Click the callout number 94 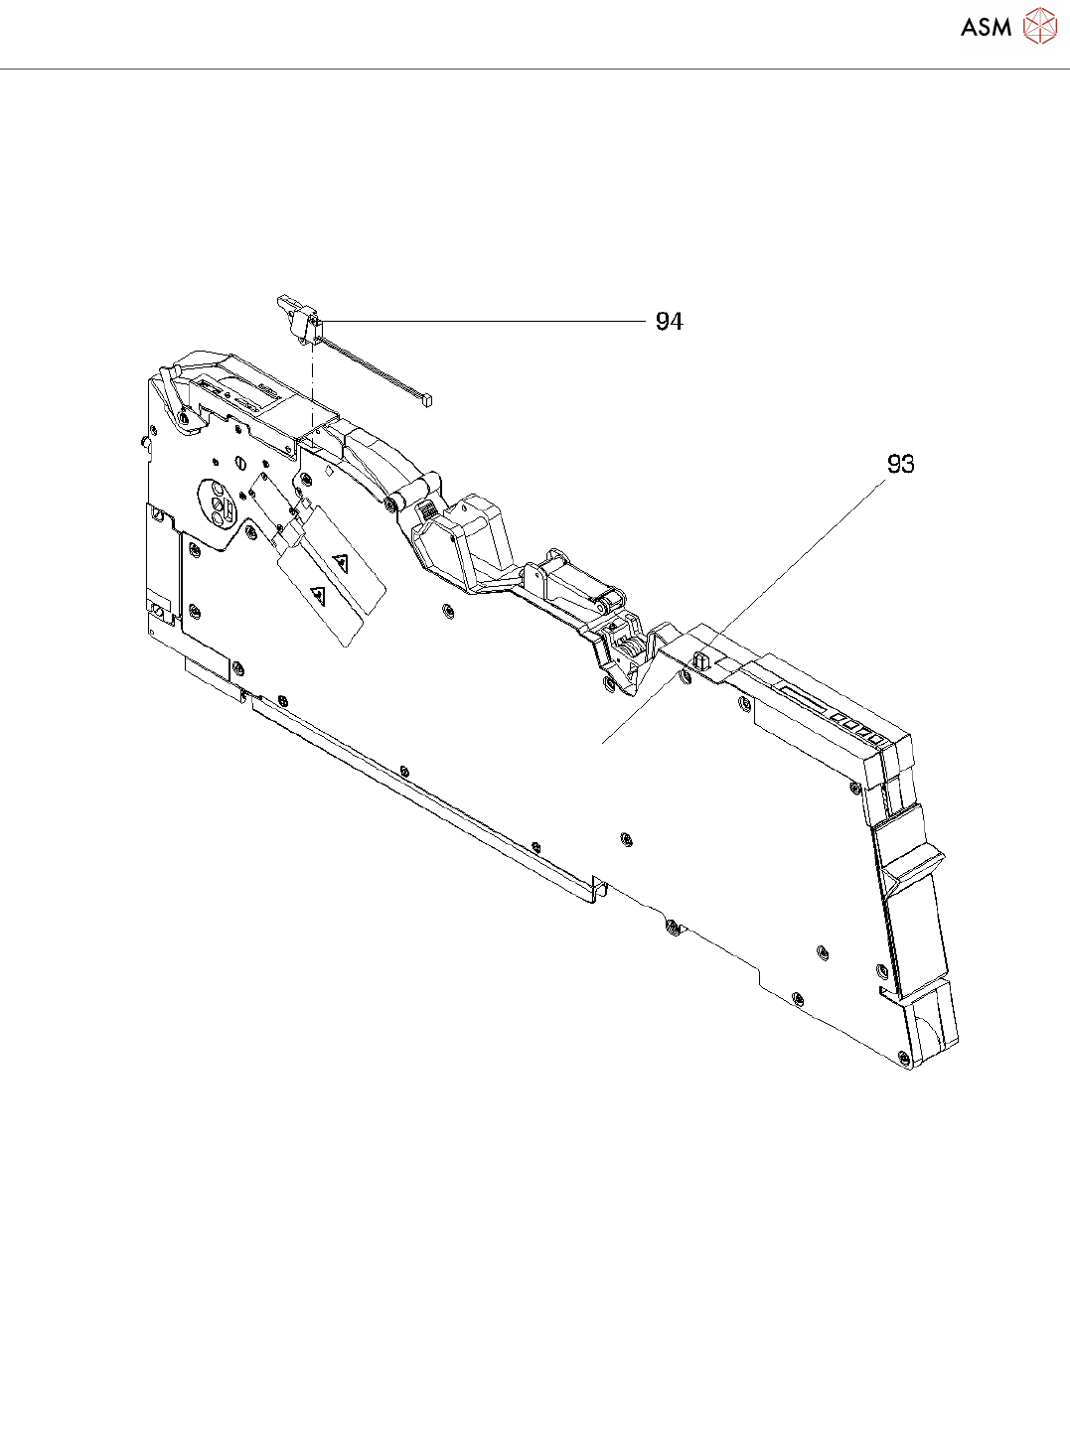pos(669,322)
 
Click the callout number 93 pos(900,464)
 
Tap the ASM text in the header pos(986,28)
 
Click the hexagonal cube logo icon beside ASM pos(1039,27)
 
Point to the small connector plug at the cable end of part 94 pos(427,400)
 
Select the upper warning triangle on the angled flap pos(341,562)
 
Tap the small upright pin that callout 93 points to pos(700,657)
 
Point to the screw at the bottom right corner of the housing pos(902,1058)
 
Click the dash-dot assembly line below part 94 pos(313,377)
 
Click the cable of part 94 pos(373,369)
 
